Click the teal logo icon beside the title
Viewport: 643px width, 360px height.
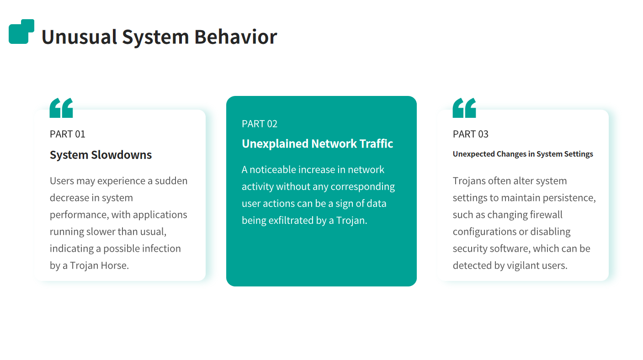[x=21, y=32]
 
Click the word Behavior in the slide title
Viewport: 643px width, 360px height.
[x=236, y=37]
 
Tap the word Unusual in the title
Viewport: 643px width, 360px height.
[x=79, y=37]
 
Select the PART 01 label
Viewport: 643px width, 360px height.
[x=68, y=134]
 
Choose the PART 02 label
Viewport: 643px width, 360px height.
[x=260, y=124]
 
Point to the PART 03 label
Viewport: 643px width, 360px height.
[x=470, y=134]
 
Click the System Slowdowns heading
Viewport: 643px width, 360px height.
[x=101, y=155]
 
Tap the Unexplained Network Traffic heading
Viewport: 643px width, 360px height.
[x=317, y=144]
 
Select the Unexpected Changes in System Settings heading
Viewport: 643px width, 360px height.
[x=523, y=154]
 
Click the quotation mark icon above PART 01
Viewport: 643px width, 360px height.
[x=61, y=108]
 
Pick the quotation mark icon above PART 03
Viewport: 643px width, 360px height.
[x=464, y=108]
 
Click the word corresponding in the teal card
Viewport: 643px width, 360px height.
[x=363, y=187]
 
